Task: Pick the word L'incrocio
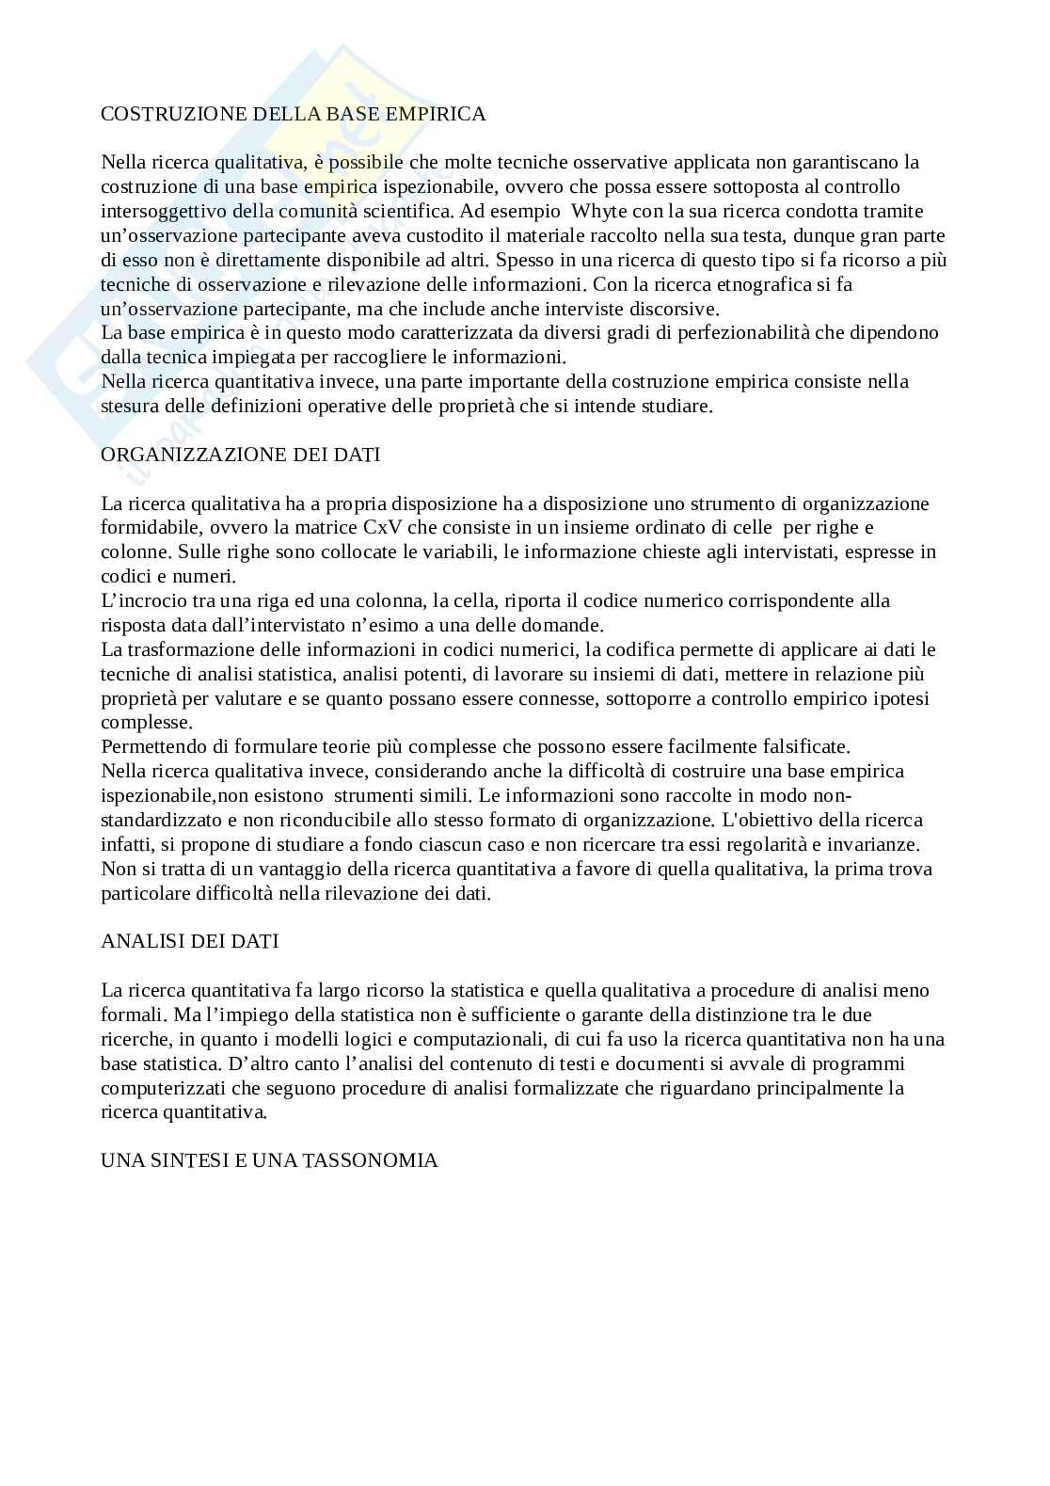pyautogui.click(x=147, y=600)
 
